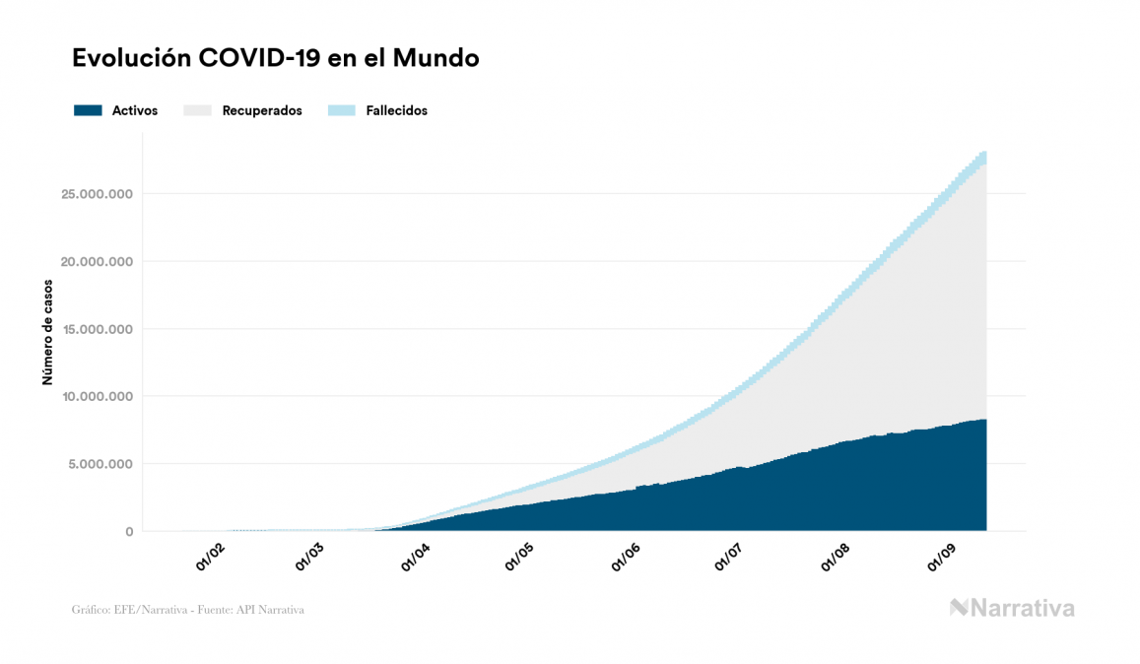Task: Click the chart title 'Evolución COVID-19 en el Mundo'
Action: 276,58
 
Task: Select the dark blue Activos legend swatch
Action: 88,110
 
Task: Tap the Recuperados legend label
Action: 262,110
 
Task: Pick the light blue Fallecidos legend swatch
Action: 343,110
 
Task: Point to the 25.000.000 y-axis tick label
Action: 96,194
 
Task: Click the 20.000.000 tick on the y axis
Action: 96,262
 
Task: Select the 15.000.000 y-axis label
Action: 96,329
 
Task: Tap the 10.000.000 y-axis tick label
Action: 96,397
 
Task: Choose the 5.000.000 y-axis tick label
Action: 100,464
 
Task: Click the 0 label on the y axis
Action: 129,532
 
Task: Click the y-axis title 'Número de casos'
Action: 47,331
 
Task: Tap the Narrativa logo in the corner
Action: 1012,608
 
